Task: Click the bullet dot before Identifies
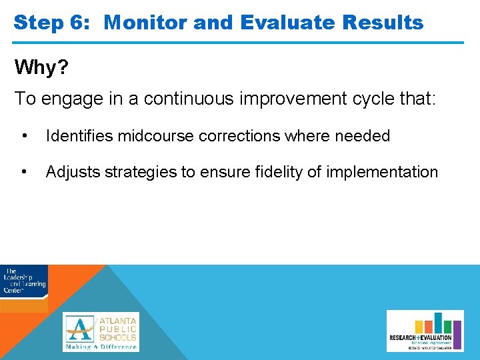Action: coord(25,136)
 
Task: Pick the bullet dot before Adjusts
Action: coord(25,172)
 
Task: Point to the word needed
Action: coord(362,136)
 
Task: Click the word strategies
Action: coord(139,172)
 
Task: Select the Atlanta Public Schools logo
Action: coord(101,327)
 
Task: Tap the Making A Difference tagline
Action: coord(101,346)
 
